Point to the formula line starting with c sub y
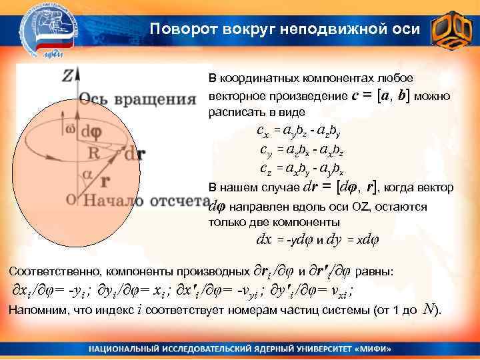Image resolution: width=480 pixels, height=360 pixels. point(302,149)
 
